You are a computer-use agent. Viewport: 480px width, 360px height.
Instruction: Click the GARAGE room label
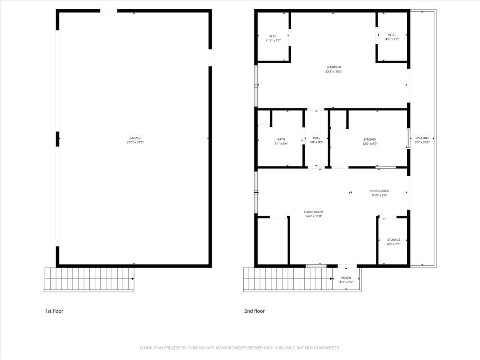pyautogui.click(x=135, y=138)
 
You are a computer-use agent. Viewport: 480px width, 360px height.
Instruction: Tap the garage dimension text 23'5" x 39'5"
pyautogui.click(x=135, y=142)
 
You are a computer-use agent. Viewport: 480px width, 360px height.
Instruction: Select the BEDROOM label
pyautogui.click(x=334, y=67)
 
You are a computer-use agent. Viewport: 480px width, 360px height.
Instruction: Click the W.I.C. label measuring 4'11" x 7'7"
pyautogui.click(x=273, y=36)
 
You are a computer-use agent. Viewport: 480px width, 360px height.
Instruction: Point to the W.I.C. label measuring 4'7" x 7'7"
pyautogui.click(x=392, y=34)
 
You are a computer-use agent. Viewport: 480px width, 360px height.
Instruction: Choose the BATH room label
pyautogui.click(x=281, y=139)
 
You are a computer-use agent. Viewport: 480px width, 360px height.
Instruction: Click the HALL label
pyautogui.click(x=316, y=138)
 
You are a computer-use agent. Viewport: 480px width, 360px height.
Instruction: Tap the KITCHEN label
pyautogui.click(x=370, y=139)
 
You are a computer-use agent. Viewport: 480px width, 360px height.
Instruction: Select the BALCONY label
pyautogui.click(x=422, y=138)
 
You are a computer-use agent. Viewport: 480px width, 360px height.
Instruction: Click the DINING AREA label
pyautogui.click(x=379, y=191)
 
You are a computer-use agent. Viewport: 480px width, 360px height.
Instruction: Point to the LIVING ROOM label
pyautogui.click(x=313, y=212)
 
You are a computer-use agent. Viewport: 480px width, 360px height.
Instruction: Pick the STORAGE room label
pyautogui.click(x=393, y=240)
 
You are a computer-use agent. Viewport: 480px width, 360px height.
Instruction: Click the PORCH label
pyautogui.click(x=346, y=278)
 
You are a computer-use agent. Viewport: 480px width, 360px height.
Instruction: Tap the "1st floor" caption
pyautogui.click(x=54, y=311)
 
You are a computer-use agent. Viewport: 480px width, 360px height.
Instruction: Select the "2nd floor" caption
pyautogui.click(x=254, y=311)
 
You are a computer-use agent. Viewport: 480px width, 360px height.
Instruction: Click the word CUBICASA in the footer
pyautogui.click(x=197, y=348)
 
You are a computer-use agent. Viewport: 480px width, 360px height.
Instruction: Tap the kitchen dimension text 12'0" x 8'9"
pyautogui.click(x=370, y=144)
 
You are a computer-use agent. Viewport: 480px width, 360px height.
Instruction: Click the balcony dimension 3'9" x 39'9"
pyautogui.click(x=422, y=142)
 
